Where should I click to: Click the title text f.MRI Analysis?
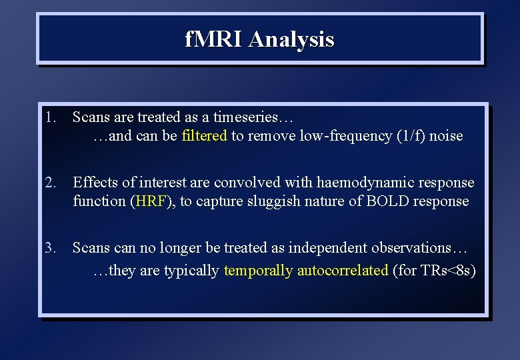coord(259,39)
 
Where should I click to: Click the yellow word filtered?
coord(204,136)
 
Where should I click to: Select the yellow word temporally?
coord(259,271)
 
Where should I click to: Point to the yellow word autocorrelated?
coord(343,271)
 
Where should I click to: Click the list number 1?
coord(50,117)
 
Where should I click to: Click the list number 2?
coord(50,183)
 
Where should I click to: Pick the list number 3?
coord(50,248)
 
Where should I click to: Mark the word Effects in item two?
coord(93,183)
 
